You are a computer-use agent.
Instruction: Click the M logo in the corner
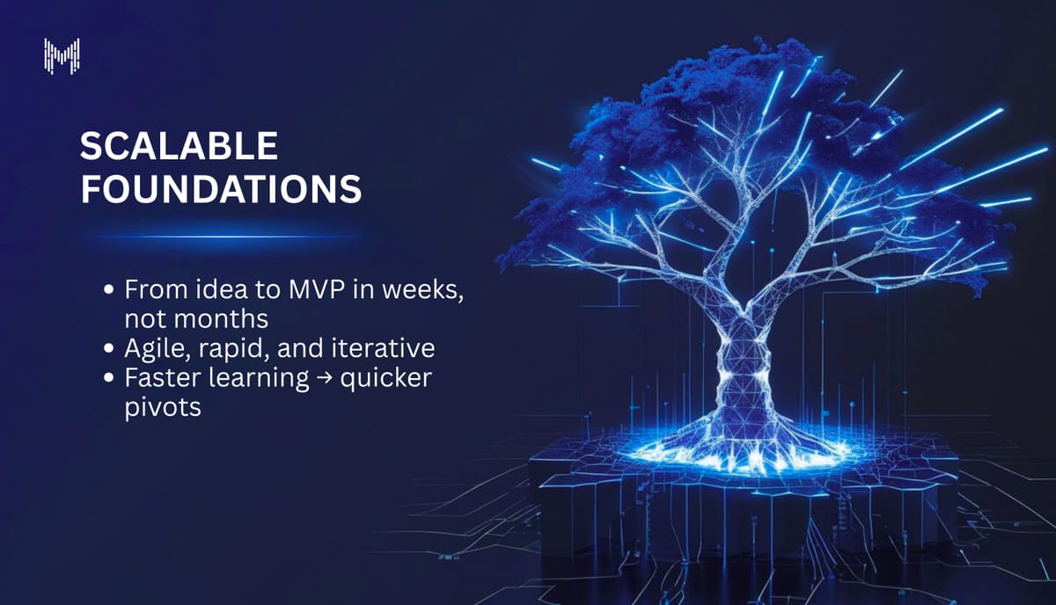62,55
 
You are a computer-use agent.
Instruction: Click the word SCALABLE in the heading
179,147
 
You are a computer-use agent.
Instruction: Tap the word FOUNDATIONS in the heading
221,190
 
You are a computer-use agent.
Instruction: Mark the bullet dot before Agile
108,349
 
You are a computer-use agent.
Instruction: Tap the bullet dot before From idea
108,289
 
